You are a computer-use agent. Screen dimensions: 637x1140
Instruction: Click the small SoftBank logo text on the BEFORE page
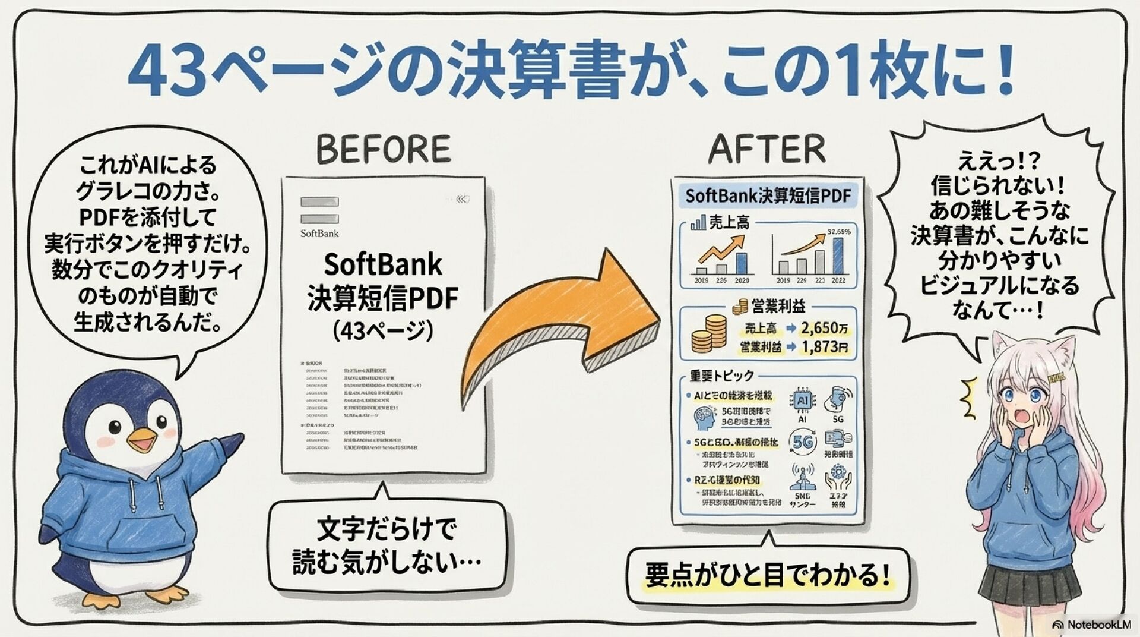pyautogui.click(x=319, y=234)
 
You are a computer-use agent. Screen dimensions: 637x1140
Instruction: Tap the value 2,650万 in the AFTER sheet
pyautogui.click(x=824, y=327)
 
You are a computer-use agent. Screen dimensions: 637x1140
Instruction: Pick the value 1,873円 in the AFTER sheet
pyautogui.click(x=824, y=347)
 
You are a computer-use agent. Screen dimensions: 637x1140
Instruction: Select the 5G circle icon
pyautogui.click(x=802, y=442)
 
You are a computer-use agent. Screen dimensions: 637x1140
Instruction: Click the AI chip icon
pyautogui.click(x=802, y=401)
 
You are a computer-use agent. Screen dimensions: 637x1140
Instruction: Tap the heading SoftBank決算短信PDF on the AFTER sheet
pyautogui.click(x=768, y=196)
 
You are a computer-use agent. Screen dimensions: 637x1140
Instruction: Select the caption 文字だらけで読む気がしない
pyautogui.click(x=386, y=545)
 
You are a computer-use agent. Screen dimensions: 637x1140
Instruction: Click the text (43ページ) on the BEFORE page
pyautogui.click(x=383, y=331)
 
